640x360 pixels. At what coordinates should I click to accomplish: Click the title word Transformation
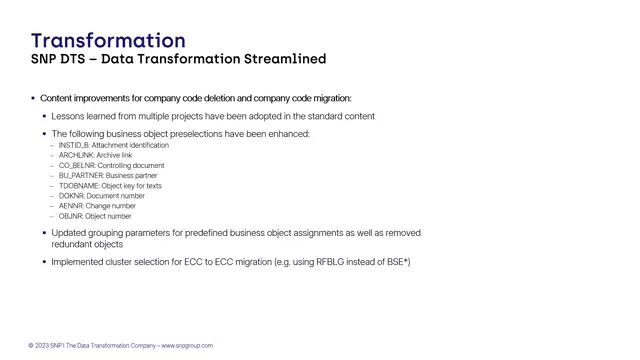(x=108, y=40)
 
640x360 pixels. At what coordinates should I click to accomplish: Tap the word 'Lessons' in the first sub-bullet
(x=69, y=116)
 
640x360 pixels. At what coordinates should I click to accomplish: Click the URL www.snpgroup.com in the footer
(x=187, y=346)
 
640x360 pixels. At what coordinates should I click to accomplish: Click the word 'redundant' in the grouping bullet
(x=73, y=244)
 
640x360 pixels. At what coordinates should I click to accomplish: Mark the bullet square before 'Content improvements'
(x=33, y=98)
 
